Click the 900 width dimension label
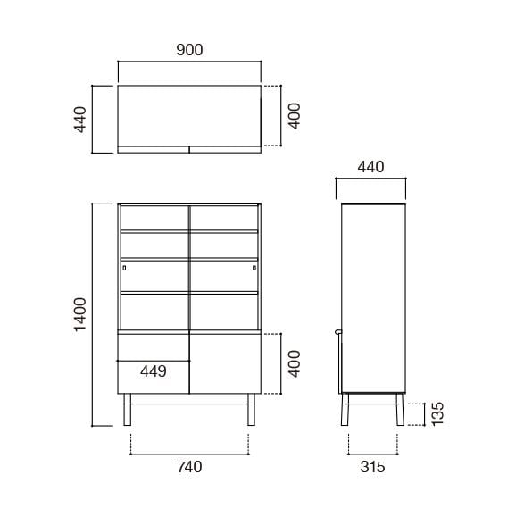coord(189,50)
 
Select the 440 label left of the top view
coord(79,119)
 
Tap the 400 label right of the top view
coord(295,117)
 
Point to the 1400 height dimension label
coord(79,314)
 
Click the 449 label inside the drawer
coord(154,371)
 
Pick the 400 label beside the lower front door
coord(295,363)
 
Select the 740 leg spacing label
coord(189,465)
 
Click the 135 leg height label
coord(437,412)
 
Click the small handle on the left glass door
coord(124,268)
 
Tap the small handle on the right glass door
coord(254,268)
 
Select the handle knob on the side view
coord(337,331)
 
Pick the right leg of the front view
coord(252,409)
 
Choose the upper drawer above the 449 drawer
coord(154,346)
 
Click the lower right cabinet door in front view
coord(224,363)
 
